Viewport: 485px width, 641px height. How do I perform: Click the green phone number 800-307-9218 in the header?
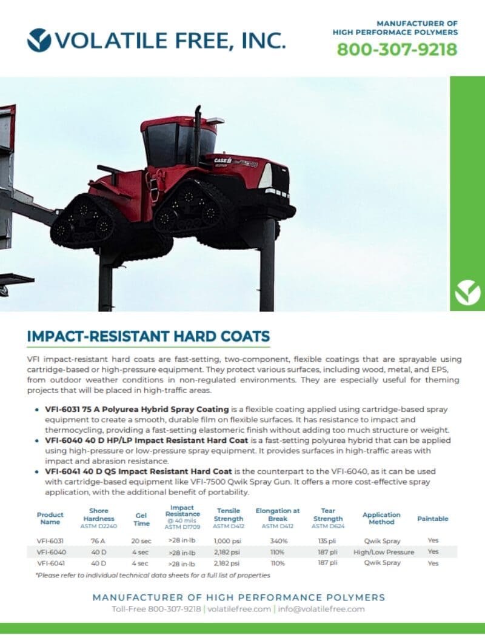(396, 50)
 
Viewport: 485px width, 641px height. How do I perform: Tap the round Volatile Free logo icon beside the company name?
(39, 40)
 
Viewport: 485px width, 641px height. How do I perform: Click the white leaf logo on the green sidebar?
(467, 292)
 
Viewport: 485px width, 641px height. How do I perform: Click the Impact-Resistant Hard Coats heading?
(149, 336)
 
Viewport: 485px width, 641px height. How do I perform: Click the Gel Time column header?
(141, 519)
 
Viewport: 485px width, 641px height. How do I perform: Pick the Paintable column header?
(433, 519)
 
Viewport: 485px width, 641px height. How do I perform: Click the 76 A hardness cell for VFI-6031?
(98, 541)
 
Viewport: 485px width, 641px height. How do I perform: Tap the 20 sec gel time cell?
(141, 541)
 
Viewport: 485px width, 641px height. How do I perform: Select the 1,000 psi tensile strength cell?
(227, 541)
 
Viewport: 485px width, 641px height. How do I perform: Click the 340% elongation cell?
(278, 541)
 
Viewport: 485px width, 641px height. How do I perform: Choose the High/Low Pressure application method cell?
(384, 553)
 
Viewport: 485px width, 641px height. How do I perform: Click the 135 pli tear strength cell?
(327, 541)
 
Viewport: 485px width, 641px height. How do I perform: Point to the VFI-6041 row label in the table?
(51, 563)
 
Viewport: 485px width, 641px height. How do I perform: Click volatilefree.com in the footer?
(239, 609)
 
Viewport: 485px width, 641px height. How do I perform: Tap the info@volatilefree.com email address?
(321, 609)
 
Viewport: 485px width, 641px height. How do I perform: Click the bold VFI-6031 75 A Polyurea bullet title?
(137, 409)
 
